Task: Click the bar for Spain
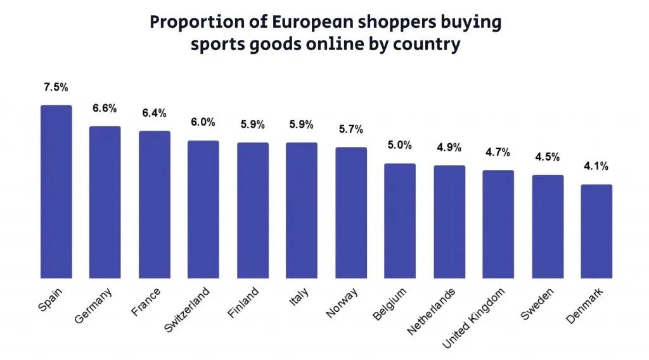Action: coord(56,191)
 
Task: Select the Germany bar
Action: coord(105,202)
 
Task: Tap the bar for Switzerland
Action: coord(203,209)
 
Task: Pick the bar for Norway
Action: coord(351,212)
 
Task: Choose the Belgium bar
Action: coord(400,221)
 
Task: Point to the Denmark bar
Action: coord(596,231)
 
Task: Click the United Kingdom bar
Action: coord(498,224)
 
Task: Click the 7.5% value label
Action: coord(56,87)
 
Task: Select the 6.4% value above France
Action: coord(154,113)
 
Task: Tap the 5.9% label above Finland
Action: coord(252,124)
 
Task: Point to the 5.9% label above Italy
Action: coord(301,124)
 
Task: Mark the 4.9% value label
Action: coord(449,147)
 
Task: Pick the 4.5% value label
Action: coord(547,157)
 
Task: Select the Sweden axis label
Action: coord(537,304)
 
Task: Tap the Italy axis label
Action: coord(299,297)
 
